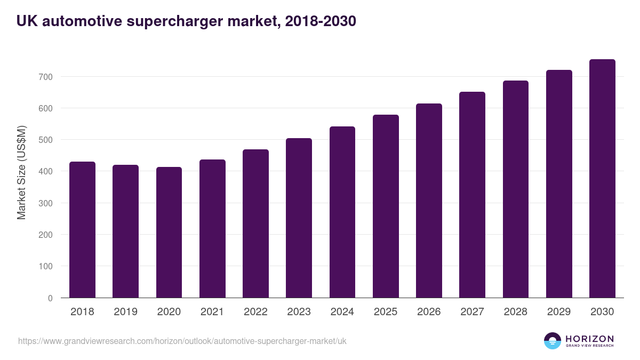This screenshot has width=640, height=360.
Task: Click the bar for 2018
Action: tap(82, 230)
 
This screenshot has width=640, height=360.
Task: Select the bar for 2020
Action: tap(169, 233)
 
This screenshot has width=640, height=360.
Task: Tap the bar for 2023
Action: tap(299, 218)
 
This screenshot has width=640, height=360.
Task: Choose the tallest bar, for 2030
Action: tap(602, 179)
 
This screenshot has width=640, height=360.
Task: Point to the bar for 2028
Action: tap(516, 189)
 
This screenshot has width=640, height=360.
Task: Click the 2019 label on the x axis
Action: tap(125, 312)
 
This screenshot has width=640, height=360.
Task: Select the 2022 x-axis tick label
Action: tap(255, 312)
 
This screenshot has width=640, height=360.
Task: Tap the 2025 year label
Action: tap(386, 312)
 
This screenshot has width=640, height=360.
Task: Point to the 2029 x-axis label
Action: tap(559, 312)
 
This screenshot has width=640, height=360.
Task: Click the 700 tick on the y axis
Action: tap(46, 77)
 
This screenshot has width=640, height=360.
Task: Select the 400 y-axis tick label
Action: tap(46, 172)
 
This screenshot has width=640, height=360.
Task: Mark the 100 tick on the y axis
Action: tap(46, 266)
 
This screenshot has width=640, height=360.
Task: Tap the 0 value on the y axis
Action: tap(50, 298)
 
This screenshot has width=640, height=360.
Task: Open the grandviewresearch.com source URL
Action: tap(182, 341)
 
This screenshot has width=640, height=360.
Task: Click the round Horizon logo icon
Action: tap(553, 341)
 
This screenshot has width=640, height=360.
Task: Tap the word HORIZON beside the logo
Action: tap(589, 339)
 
